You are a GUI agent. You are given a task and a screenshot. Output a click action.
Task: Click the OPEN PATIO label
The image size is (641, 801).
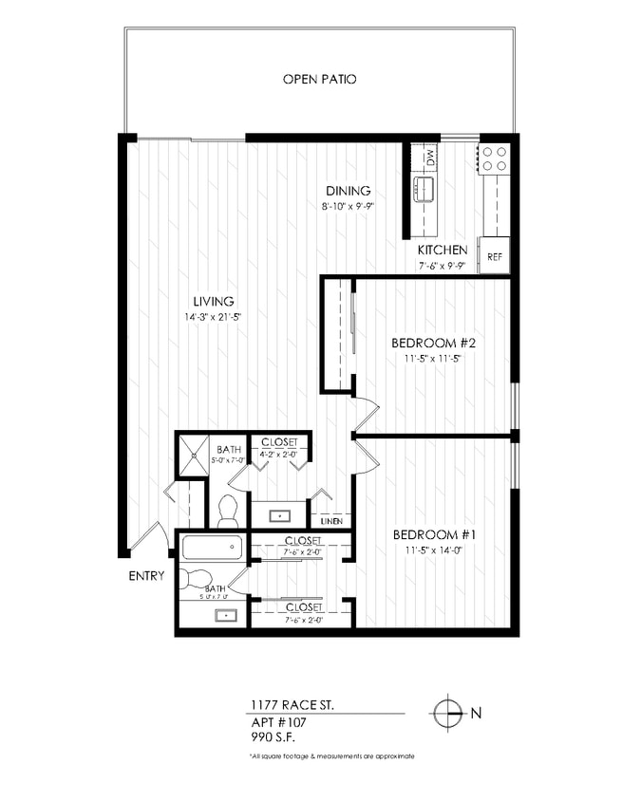click(x=319, y=80)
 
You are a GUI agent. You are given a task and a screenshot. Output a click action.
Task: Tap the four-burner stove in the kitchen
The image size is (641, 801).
click(x=494, y=158)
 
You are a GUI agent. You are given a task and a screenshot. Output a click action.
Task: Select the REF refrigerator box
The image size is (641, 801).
click(x=494, y=256)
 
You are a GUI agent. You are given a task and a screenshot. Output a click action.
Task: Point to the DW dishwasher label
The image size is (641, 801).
click(x=429, y=158)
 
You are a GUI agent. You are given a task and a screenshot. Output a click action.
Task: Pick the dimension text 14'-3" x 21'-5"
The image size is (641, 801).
click(x=214, y=317)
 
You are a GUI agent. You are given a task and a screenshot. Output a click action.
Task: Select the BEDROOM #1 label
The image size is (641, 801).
click(x=434, y=535)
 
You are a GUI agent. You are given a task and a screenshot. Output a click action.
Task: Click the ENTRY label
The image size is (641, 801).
click(x=146, y=576)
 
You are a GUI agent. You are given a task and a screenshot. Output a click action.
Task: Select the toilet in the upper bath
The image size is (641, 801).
click(x=227, y=512)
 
